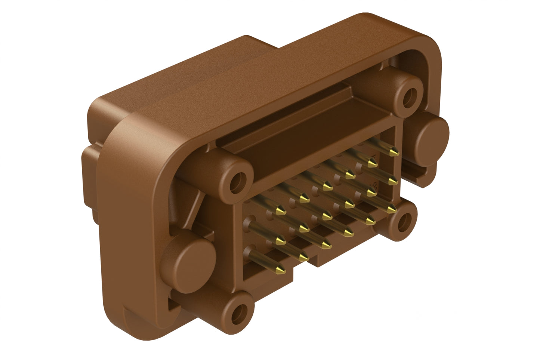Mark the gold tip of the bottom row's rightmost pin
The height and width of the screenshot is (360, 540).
[x=391, y=209]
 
